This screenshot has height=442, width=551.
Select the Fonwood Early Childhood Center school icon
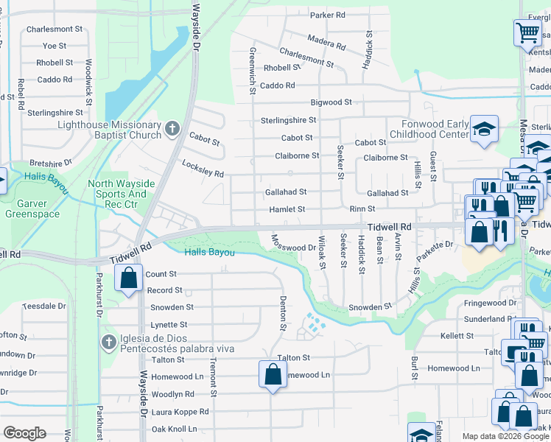click(483, 130)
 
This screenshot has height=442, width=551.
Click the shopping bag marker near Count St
click(128, 278)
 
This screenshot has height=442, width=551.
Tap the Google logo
click(24, 433)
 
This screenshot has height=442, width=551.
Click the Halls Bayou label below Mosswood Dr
click(210, 253)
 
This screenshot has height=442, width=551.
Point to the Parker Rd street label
click(328, 15)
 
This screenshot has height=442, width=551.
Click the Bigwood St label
click(331, 102)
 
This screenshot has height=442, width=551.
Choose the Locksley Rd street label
click(203, 169)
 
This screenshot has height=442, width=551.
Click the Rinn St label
click(362, 209)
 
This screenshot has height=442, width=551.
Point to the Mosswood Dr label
click(293, 242)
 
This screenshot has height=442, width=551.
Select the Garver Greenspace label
click(27, 208)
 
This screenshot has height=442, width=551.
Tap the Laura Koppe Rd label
click(180, 413)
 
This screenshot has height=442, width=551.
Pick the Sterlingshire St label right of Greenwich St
click(288, 120)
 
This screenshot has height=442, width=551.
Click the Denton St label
click(283, 308)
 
